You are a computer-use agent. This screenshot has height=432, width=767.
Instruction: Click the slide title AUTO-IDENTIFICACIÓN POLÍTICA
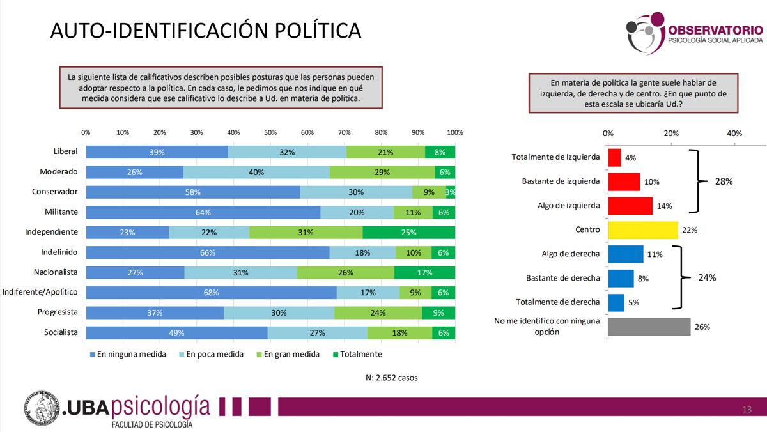(x=206, y=30)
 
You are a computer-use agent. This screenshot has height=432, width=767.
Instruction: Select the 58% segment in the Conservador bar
(x=193, y=192)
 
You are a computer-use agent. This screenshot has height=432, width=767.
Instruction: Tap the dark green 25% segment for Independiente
(x=409, y=233)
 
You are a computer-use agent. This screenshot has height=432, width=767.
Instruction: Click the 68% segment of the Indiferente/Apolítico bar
(x=212, y=293)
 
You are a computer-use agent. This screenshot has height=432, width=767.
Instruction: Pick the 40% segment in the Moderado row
(x=256, y=173)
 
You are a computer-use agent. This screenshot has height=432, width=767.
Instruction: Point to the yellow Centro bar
(x=642, y=230)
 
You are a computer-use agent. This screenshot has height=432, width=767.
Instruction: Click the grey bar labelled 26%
(x=649, y=327)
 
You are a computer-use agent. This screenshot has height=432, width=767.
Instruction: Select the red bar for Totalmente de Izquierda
(x=614, y=157)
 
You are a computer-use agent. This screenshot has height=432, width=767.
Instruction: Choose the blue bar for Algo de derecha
(x=625, y=254)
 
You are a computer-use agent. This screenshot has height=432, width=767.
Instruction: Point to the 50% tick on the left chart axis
(x=270, y=132)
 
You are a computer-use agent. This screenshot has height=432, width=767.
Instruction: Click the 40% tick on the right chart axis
(x=734, y=134)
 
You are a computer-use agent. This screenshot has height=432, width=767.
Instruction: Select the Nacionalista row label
(x=56, y=272)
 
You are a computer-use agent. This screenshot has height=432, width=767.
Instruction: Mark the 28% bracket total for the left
(x=724, y=181)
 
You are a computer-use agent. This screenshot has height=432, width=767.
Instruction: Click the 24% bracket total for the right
(x=707, y=278)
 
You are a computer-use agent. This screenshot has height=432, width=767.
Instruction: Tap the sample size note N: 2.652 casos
(x=391, y=378)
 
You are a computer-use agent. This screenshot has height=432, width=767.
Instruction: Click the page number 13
(x=747, y=409)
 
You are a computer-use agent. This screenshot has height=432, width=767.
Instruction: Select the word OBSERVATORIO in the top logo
(x=715, y=29)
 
